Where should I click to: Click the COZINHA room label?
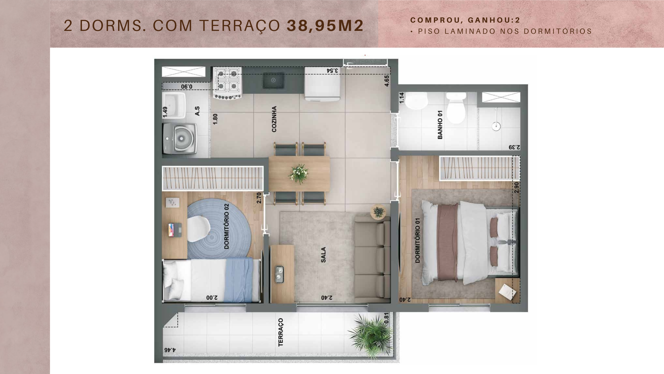pyautogui.click(x=274, y=119)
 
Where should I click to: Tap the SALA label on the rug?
pyautogui.click(x=323, y=255)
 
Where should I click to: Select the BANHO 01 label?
pyautogui.click(x=440, y=124)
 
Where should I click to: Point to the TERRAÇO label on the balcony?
pyautogui.click(x=280, y=332)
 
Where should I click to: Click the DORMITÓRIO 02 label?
pyautogui.click(x=227, y=226)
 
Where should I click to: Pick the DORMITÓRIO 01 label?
pyautogui.click(x=417, y=240)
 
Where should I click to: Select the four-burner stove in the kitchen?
pyautogui.click(x=227, y=83)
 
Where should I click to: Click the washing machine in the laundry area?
pyautogui.click(x=179, y=139)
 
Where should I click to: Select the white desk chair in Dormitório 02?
pyautogui.click(x=199, y=229)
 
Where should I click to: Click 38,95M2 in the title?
pyautogui.click(x=325, y=26)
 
